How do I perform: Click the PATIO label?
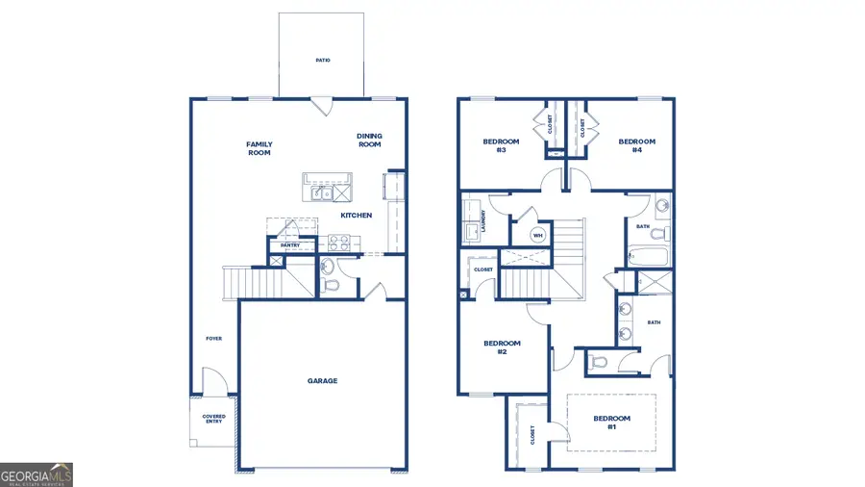pos(323,60)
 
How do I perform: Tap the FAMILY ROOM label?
pos(259,148)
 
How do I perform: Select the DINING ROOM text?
pos(370,141)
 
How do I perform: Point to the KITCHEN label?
pos(356,216)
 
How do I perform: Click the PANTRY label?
pos(291,245)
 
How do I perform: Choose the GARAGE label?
pos(322,381)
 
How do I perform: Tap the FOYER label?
pos(213,339)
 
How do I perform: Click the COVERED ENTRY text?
pos(212,420)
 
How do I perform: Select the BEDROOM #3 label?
pos(501,145)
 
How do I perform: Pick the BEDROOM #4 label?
pos(636,145)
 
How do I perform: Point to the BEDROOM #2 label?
pos(502,347)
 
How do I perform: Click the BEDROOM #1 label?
pos(611,422)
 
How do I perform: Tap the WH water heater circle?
pos(538,234)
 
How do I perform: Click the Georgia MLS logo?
pos(37,474)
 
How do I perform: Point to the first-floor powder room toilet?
pos(330,285)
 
